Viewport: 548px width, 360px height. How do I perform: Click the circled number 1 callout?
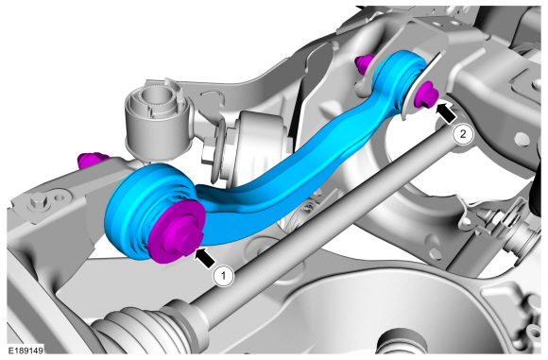tap(224, 276)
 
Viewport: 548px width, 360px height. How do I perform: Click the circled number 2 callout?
tap(463, 134)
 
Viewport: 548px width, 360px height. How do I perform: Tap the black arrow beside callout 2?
tap(446, 112)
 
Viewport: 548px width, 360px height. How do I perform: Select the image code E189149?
tap(26, 351)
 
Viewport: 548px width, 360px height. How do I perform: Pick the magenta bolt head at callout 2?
tap(426, 94)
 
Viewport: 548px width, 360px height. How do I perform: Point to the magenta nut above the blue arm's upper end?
tap(364, 64)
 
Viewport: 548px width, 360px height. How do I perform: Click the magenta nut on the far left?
tap(91, 160)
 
